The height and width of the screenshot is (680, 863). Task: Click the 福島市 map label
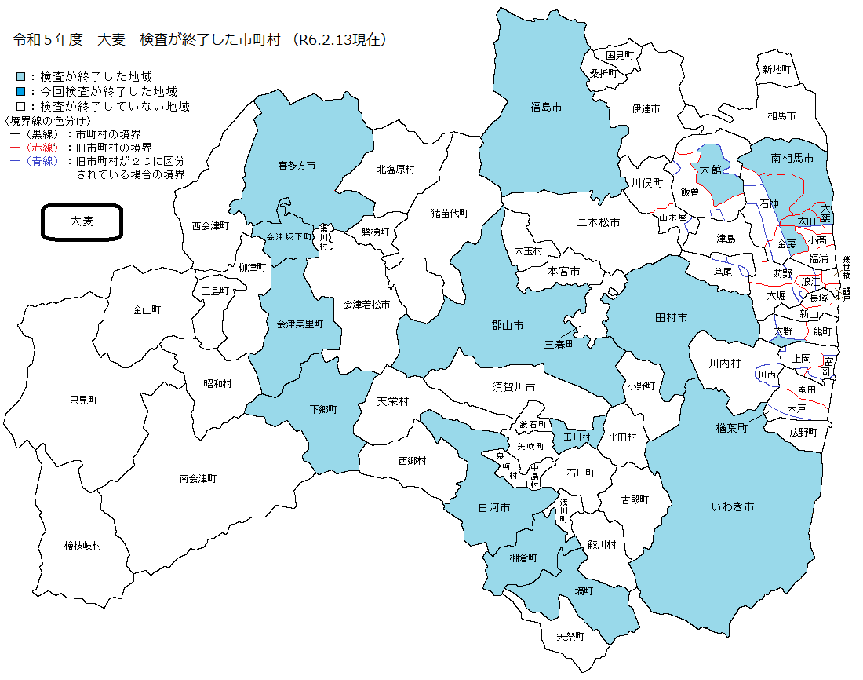(546, 106)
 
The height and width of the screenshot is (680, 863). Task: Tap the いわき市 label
(733, 507)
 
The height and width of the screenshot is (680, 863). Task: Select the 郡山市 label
(507, 325)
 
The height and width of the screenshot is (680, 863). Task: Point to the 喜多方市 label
(297, 166)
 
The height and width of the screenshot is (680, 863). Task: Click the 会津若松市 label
(366, 304)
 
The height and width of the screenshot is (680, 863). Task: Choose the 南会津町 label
(198, 478)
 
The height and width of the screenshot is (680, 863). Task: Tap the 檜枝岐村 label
(82, 545)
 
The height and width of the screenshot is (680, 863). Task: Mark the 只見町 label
(82, 400)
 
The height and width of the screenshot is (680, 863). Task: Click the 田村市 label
(671, 317)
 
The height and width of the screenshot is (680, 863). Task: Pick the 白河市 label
(494, 508)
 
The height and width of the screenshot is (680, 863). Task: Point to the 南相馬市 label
(793, 158)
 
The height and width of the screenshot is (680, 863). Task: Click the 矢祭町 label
(570, 636)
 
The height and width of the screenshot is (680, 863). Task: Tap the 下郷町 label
(322, 409)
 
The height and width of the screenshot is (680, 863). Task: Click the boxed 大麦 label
(82, 221)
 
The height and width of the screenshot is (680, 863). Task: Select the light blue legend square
(21, 77)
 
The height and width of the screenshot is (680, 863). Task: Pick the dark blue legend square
(21, 92)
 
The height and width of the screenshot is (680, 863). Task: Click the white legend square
(21, 106)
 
